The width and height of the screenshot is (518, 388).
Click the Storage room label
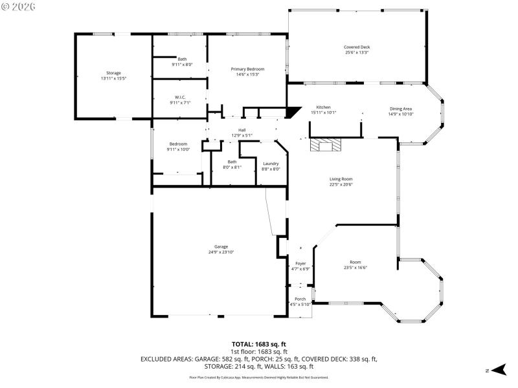[114, 73]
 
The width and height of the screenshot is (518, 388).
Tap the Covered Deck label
[357, 47]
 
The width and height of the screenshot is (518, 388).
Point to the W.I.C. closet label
[180, 97]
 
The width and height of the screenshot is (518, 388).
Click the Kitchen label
[323, 107]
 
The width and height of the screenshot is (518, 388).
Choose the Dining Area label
[400, 109]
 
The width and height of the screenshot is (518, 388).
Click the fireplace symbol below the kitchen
[326, 145]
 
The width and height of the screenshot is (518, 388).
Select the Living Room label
[341, 179]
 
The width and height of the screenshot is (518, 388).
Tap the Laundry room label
[271, 164]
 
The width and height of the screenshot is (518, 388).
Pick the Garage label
[221, 246]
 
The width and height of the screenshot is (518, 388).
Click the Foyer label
[300, 263]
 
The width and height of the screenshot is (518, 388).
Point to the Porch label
[300, 299]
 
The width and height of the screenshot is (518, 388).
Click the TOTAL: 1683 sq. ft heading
[258, 344]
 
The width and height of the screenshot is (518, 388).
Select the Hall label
[242, 130]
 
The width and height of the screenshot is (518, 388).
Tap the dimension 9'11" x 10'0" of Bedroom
[179, 149]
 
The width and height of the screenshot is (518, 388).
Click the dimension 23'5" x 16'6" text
[355, 268]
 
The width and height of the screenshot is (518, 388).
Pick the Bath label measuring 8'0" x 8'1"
[232, 162]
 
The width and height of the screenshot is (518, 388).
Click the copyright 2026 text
[19, 6]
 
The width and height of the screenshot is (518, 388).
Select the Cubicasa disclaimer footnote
[258, 377]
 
